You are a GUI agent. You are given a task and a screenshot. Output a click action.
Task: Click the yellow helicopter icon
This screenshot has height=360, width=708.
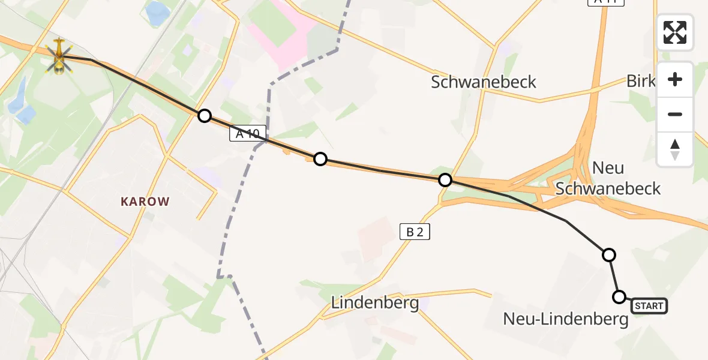59,56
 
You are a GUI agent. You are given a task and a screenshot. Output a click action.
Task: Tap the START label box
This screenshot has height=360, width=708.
649,306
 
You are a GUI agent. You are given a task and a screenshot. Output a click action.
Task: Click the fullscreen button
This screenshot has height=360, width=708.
675,32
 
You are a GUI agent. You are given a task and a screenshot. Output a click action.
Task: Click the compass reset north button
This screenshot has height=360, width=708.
675,149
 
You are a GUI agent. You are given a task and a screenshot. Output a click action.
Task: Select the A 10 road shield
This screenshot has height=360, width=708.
247,135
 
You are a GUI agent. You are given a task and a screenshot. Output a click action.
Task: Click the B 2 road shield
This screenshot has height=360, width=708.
415,232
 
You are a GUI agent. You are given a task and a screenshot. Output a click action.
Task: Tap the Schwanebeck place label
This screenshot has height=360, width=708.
484,82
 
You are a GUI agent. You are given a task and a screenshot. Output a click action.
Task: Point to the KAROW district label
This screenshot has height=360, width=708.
146,202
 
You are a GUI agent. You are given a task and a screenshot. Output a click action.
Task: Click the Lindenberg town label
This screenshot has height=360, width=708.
375,303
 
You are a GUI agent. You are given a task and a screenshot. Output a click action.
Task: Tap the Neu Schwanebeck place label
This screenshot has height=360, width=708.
608,178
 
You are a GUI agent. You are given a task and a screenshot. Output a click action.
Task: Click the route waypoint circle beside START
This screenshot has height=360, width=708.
619,296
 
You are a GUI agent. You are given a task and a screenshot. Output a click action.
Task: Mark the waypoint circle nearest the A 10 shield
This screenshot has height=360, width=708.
205,116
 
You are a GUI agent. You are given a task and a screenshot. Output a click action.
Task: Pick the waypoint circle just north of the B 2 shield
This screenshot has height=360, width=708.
445,180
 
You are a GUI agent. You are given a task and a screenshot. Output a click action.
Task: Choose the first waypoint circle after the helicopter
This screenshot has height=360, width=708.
205,116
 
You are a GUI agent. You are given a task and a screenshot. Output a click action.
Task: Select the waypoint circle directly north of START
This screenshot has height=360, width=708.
609,255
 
